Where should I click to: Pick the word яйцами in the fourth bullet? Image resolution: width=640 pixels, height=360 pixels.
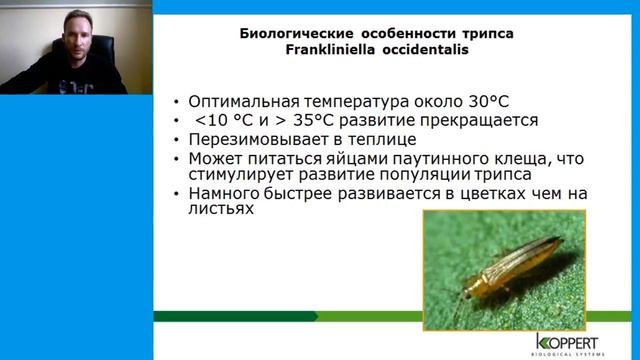pyautogui.click(x=346, y=158)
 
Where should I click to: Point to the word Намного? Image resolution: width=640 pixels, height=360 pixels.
pyautogui.click(x=220, y=193)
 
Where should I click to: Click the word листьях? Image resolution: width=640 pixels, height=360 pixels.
pyautogui.click(x=214, y=210)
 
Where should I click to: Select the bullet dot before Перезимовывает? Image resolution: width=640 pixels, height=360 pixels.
pyautogui.click(x=177, y=139)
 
